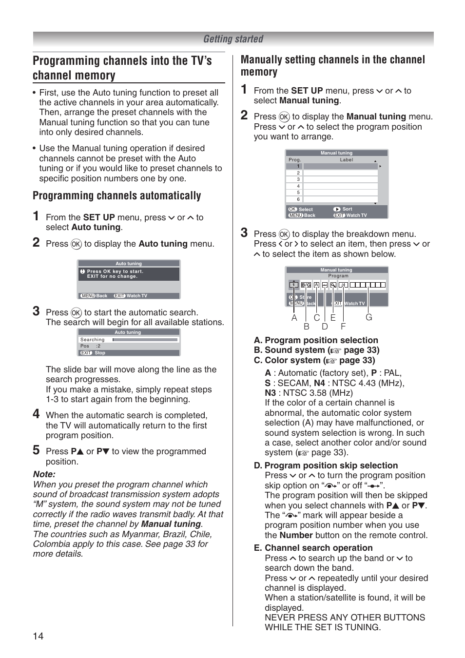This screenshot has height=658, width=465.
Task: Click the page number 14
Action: click(38, 636)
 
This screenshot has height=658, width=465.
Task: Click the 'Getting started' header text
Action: click(233, 39)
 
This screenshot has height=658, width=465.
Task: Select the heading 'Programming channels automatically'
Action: click(116, 196)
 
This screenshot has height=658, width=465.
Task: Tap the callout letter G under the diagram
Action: click(368, 317)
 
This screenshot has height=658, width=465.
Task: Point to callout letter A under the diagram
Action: click(294, 318)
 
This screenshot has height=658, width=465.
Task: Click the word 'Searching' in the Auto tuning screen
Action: click(92, 340)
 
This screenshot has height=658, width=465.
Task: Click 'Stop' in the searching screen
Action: click(100, 353)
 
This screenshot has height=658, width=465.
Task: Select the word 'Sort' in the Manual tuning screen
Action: click(347, 209)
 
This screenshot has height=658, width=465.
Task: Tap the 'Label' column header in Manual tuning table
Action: click(346, 160)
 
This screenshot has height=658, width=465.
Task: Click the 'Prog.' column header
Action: click(295, 160)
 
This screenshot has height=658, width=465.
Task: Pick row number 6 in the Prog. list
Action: click(298, 199)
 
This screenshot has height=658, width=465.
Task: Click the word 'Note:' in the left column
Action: click(44, 474)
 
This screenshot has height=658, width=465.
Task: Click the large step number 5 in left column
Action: click(36, 450)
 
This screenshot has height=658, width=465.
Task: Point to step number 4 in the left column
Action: click(36, 414)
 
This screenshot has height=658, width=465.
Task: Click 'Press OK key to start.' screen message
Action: click(115, 271)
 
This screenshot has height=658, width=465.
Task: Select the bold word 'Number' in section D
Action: click(296, 535)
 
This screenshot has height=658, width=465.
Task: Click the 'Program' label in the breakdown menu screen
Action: click(338, 276)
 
